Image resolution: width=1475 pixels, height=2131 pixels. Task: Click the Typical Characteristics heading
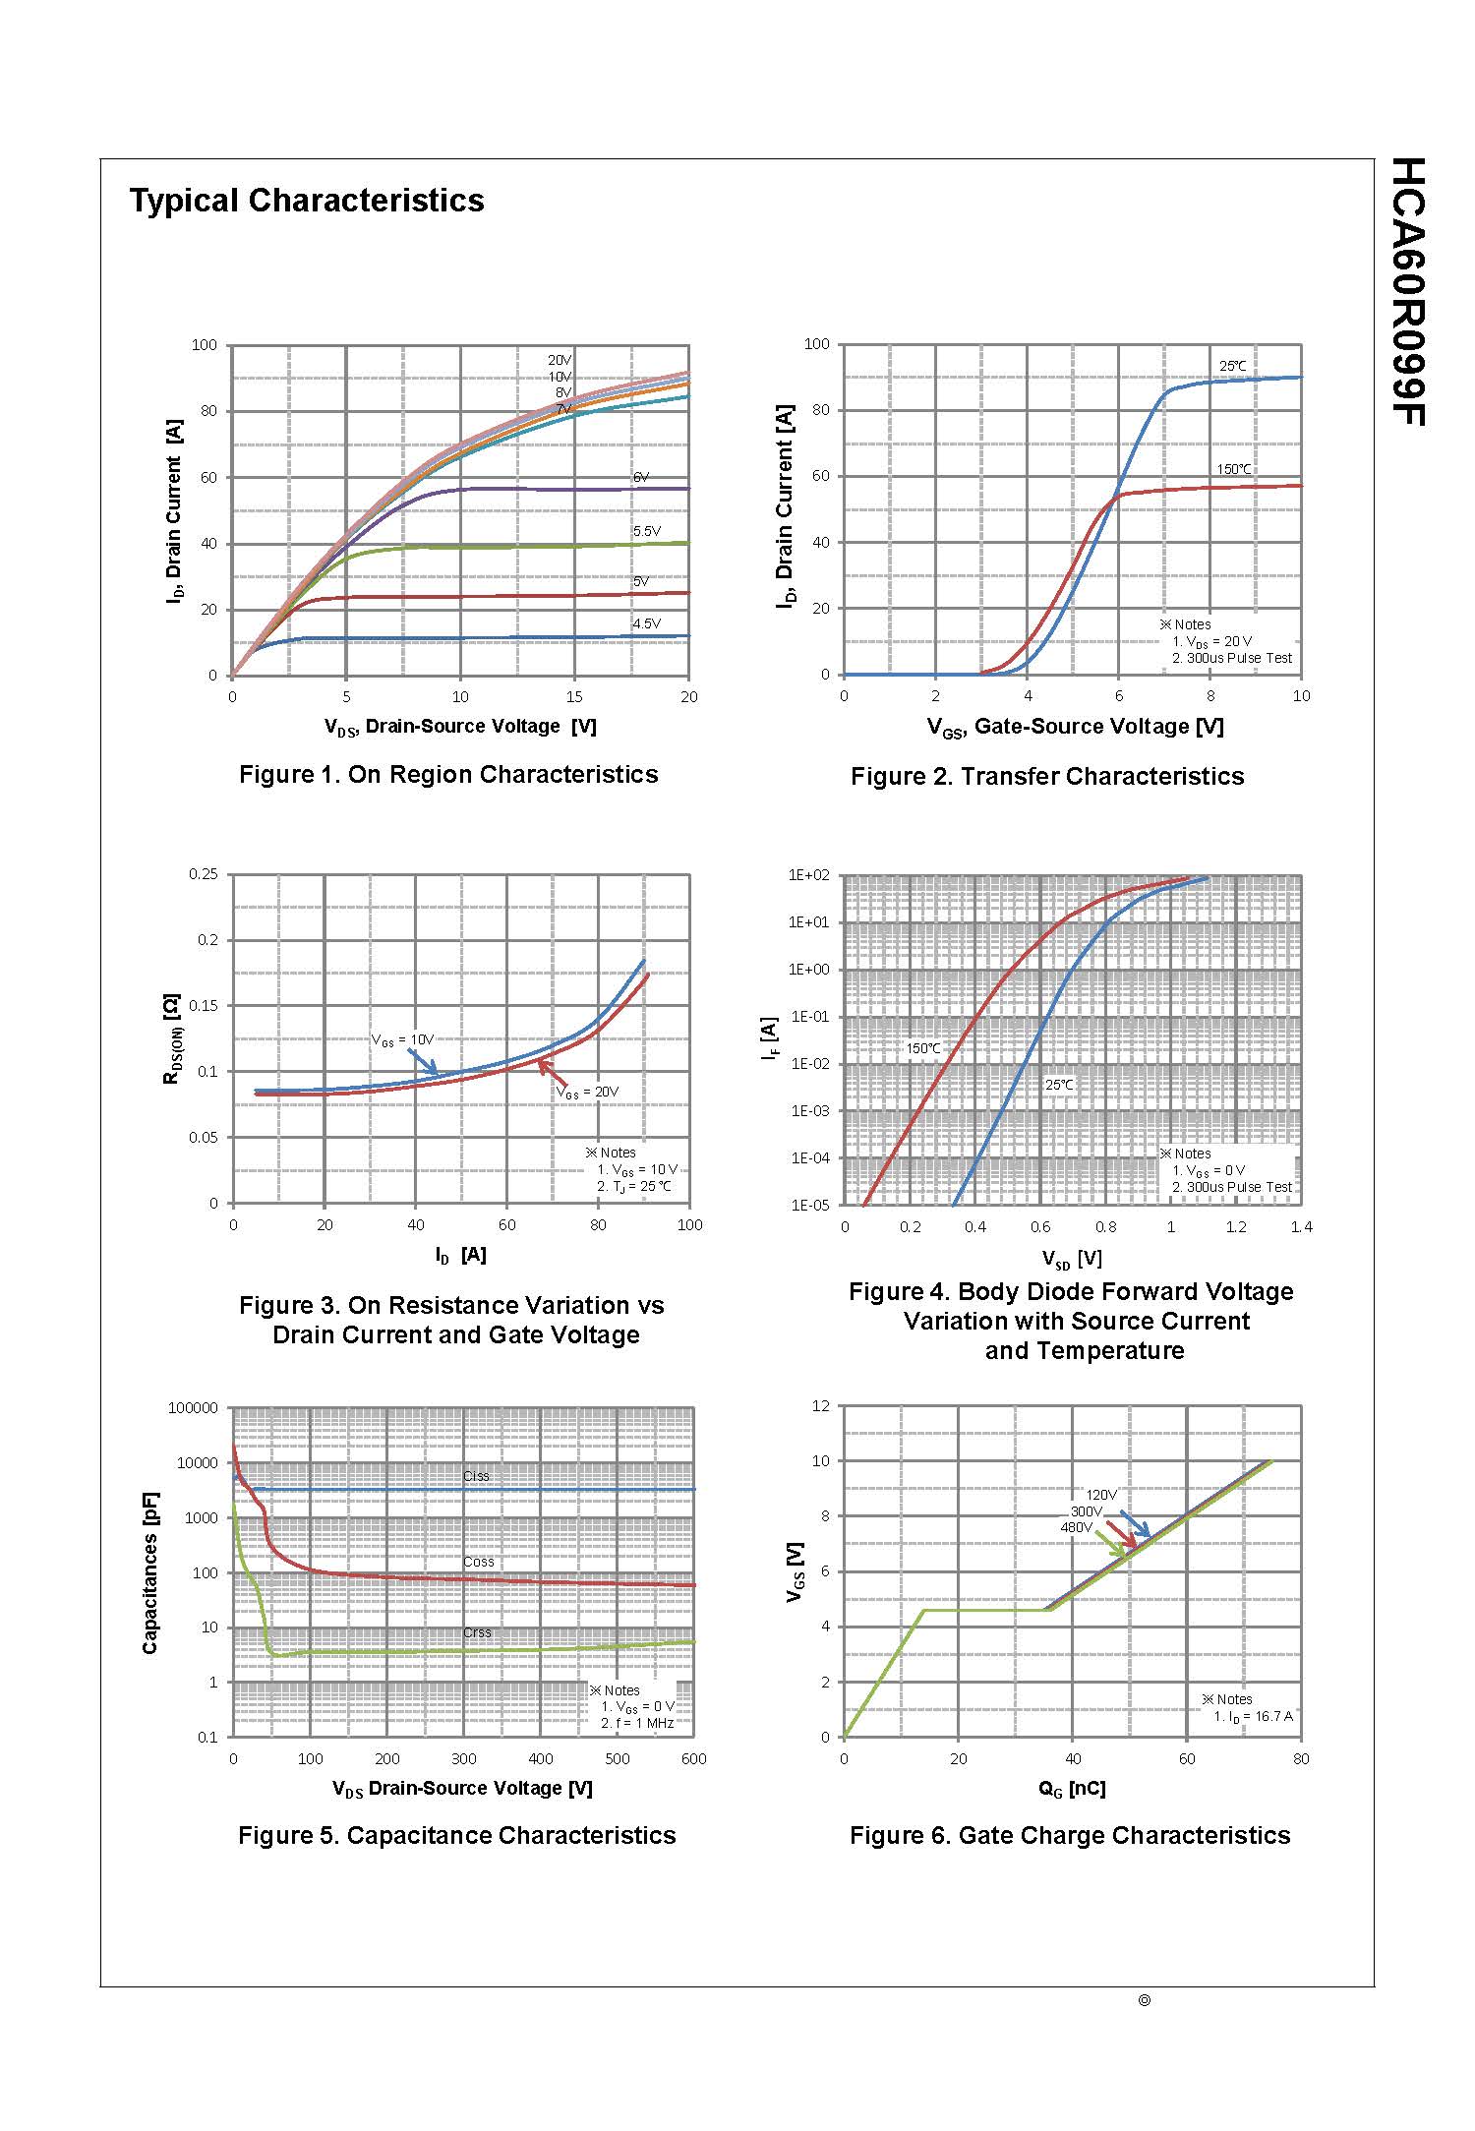pyautogui.click(x=307, y=201)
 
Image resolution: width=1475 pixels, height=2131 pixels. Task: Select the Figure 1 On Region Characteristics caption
pyautogui.click(x=448, y=775)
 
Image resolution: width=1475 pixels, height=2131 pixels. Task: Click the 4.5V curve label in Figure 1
pyautogui.click(x=646, y=623)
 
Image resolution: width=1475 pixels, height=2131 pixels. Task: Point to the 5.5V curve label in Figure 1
pyautogui.click(x=646, y=531)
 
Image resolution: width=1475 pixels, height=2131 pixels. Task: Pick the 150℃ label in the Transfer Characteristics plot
pyautogui.click(x=1234, y=469)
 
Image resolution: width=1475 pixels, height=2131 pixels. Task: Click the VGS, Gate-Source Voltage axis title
pyautogui.click(x=1075, y=727)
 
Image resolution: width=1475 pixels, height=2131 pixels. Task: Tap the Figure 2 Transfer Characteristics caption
pyautogui.click(x=1047, y=777)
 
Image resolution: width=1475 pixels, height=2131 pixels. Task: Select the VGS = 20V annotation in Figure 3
pyautogui.click(x=587, y=1092)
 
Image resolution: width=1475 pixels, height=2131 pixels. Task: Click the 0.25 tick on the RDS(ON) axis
pyautogui.click(x=204, y=874)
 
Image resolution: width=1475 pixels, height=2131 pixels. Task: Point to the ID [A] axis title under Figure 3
pyautogui.click(x=460, y=1256)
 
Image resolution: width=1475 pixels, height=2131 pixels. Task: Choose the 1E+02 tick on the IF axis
pyautogui.click(x=810, y=875)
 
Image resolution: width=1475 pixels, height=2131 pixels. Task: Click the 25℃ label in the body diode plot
pyautogui.click(x=1059, y=1085)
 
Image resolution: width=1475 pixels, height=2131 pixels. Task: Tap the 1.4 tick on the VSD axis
pyautogui.click(x=1301, y=1227)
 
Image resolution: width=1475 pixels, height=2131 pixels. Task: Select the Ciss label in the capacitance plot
pyautogui.click(x=476, y=1476)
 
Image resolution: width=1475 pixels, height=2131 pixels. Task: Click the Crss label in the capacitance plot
pyautogui.click(x=477, y=1632)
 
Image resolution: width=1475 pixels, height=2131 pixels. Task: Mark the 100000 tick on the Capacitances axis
pyautogui.click(x=193, y=1408)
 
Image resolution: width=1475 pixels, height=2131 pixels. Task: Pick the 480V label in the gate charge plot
pyautogui.click(x=1076, y=1527)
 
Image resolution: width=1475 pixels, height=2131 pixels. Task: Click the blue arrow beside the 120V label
pyautogui.click(x=1135, y=1523)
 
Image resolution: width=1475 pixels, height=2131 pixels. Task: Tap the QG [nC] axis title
pyautogui.click(x=1072, y=1789)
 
